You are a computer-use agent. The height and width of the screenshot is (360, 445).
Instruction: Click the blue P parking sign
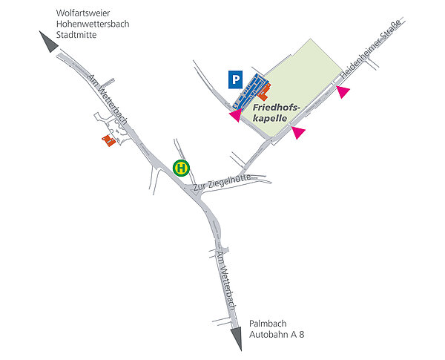235,78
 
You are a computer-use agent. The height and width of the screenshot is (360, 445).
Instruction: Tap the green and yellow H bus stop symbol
180,168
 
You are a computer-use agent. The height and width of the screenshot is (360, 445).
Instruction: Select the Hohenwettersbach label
93,23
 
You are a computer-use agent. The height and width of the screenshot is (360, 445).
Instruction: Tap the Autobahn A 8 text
277,336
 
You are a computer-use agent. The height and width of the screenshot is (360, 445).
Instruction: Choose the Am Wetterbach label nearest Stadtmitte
108,102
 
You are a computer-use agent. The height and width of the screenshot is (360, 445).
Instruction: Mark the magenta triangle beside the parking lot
234,116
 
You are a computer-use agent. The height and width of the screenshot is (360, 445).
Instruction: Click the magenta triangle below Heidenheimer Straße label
342,91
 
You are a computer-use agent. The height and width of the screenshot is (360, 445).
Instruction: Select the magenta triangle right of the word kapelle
298,132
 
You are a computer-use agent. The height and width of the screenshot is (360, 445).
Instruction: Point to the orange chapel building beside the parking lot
263,96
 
